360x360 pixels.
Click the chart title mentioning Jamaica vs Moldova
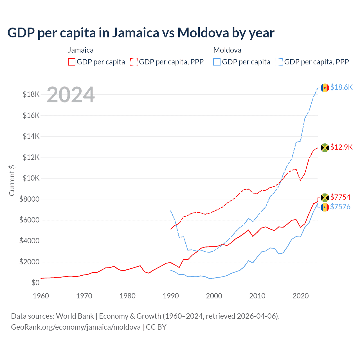click(x=141, y=33)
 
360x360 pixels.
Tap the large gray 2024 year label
click(x=71, y=94)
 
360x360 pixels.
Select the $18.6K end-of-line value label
click(x=341, y=87)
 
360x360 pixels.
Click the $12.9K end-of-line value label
click(x=341, y=147)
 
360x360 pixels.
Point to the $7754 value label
click(x=340, y=197)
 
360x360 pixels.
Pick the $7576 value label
click(x=340, y=207)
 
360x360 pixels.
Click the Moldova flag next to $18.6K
click(x=325, y=88)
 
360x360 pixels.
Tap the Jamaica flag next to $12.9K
click(x=325, y=147)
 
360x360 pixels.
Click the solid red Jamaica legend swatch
click(x=72, y=62)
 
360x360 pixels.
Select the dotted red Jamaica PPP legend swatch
click(x=134, y=62)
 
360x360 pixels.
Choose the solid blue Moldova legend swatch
click(x=217, y=62)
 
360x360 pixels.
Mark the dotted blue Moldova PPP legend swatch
click(x=279, y=62)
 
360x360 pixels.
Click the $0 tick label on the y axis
click(x=35, y=283)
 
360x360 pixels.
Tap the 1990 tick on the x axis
click(x=171, y=296)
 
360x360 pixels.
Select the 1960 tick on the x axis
click(x=41, y=296)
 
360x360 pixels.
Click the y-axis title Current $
click(x=12, y=180)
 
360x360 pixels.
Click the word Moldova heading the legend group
click(x=227, y=50)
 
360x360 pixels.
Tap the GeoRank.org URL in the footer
click(x=76, y=327)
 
